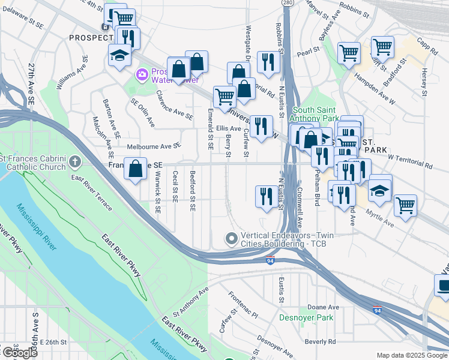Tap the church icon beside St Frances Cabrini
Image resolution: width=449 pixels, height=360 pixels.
[74, 161]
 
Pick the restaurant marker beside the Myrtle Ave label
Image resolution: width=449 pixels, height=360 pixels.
[343, 195]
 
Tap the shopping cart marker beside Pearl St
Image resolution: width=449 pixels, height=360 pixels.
[349, 53]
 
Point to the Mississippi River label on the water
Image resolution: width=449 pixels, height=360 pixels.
[35, 229]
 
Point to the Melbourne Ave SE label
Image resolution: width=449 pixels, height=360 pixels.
[153, 146]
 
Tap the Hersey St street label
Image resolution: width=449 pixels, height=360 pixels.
[424, 82]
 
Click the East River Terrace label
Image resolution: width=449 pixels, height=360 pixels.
[91, 193]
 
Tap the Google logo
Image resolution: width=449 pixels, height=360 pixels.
[19, 353]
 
